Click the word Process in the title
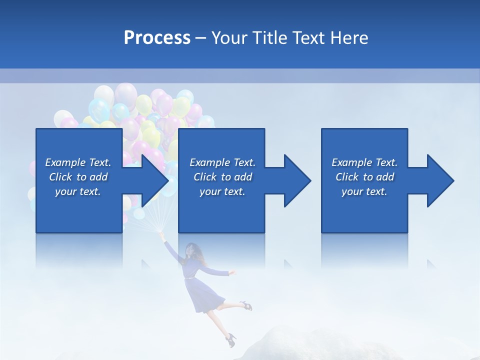157,38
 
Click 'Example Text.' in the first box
78,162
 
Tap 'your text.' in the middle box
222,191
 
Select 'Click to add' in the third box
364,177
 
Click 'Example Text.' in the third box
364,162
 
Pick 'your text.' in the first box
78,191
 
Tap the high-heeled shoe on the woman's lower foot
230,340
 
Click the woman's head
192,249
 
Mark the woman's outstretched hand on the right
231,272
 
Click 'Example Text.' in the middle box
222,162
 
